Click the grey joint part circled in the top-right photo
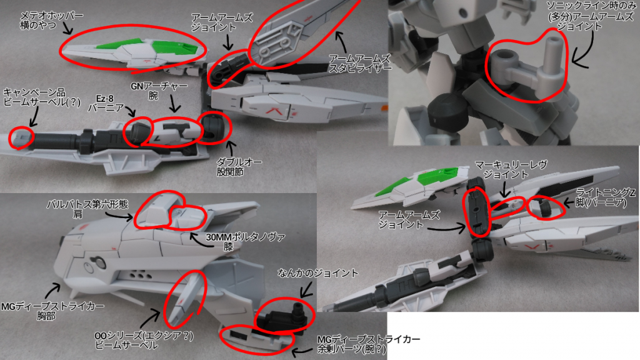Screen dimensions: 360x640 coord(525,69)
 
